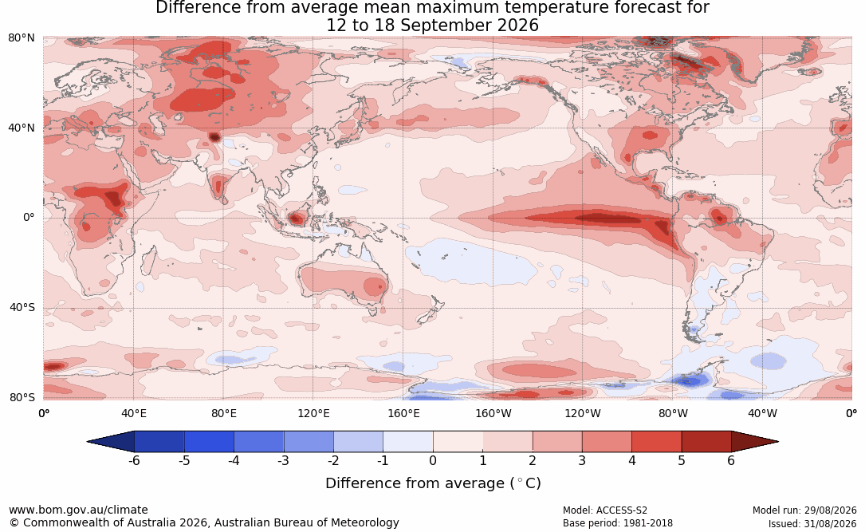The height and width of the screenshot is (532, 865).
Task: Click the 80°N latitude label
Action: point(21,37)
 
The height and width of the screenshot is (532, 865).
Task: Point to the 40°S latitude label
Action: point(22,307)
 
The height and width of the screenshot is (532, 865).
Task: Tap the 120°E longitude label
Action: point(313,413)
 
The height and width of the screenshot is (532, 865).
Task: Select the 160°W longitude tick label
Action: point(493,413)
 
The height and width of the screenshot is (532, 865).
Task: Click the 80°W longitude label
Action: point(673,413)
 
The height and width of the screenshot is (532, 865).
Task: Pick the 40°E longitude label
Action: point(133,413)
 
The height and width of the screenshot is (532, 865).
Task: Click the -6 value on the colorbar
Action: point(134,460)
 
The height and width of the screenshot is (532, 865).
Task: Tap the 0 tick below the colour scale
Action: point(433,460)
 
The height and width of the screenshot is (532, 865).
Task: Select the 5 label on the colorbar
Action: point(682,460)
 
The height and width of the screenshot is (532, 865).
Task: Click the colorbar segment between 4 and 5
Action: point(656,442)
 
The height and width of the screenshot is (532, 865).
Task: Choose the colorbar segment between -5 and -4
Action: point(209,442)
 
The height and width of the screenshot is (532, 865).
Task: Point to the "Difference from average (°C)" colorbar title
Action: point(433,483)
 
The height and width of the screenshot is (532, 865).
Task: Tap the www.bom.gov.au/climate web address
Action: point(78,510)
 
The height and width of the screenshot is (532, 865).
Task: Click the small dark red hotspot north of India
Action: point(214,137)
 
